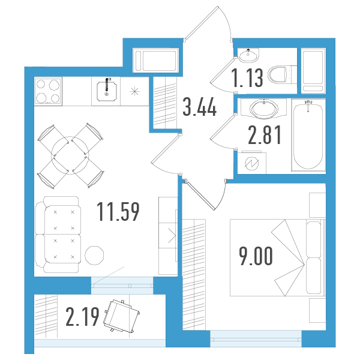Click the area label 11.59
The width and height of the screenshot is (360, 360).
pos(118,211)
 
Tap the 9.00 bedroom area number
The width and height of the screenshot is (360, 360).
pos(256,256)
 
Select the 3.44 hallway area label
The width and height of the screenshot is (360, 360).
pos(200,106)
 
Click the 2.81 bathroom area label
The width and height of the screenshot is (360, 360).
pos(265,135)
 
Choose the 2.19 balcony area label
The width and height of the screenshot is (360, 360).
pos(82,317)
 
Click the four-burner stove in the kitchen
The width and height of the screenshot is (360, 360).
pos(48,91)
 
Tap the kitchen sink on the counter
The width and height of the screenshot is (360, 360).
pos(107,91)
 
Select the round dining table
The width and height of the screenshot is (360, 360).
pos(70,155)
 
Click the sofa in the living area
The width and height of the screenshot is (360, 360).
pos(58,235)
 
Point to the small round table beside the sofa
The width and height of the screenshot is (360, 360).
pos(94,255)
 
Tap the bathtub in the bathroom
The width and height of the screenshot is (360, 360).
pos(308,135)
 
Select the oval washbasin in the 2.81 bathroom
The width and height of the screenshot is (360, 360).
pos(264,109)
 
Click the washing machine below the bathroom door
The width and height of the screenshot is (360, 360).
pos(251,163)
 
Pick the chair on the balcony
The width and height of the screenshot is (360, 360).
pos(122,316)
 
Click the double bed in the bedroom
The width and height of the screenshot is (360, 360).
pos(278,257)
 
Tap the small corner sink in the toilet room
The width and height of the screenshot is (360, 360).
pos(248,55)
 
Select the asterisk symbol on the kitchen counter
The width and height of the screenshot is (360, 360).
pos(135,91)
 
